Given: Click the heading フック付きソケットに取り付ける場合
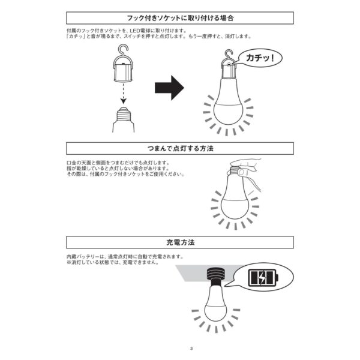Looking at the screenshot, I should (x=180, y=19).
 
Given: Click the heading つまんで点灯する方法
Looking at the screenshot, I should (x=180, y=148).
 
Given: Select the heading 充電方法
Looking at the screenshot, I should (x=180, y=242).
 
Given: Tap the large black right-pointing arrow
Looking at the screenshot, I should (x=169, y=88).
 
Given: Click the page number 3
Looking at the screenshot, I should (x=190, y=349).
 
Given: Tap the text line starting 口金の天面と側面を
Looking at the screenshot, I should (x=120, y=163).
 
